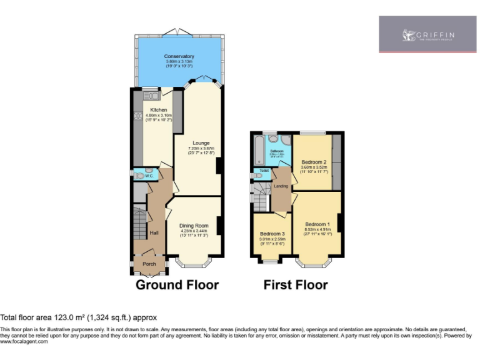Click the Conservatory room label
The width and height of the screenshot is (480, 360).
tap(179, 56)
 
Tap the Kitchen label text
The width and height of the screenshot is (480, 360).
tap(158, 109)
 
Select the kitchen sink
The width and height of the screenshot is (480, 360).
tap(151, 96)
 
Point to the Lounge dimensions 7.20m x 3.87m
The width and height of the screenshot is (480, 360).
tap(201, 148)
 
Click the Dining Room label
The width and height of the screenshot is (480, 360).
tap(193, 226)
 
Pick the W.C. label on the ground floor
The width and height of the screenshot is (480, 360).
tap(149, 176)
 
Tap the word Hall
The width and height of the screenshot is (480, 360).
tap(154, 233)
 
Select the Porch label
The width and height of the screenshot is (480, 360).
tap(149, 264)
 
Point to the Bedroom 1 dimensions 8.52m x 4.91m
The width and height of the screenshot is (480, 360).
tap(317, 229)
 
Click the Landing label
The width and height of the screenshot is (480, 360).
tap(281, 186)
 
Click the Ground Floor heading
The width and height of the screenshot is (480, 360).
tap(177, 285)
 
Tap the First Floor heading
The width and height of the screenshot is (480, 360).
tap(296, 285)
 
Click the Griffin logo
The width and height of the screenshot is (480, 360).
tap(428, 34)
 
